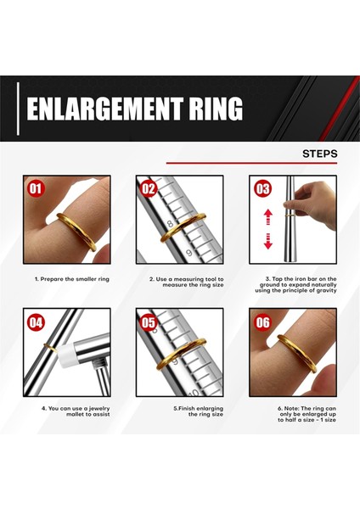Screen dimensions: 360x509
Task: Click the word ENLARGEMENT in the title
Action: (104, 108)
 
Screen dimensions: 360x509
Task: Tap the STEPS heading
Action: (320, 154)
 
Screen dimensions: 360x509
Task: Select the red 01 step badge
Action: (36, 188)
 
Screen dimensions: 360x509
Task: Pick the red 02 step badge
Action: (149, 188)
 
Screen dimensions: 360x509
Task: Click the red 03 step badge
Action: (262, 188)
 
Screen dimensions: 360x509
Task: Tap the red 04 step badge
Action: (36, 322)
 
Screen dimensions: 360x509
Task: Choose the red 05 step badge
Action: (149, 322)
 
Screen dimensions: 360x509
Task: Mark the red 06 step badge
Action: (262, 322)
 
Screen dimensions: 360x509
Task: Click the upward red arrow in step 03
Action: (268, 217)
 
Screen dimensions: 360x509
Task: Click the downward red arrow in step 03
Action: (268, 241)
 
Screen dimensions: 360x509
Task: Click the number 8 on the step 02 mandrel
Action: (170, 224)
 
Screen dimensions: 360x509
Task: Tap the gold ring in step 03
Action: (290, 215)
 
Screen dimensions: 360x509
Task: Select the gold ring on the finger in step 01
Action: (76, 231)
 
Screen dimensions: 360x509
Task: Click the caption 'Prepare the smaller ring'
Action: (72, 279)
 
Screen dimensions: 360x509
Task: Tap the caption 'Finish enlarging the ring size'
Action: (198, 411)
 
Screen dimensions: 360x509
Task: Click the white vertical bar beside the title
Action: (18, 109)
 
